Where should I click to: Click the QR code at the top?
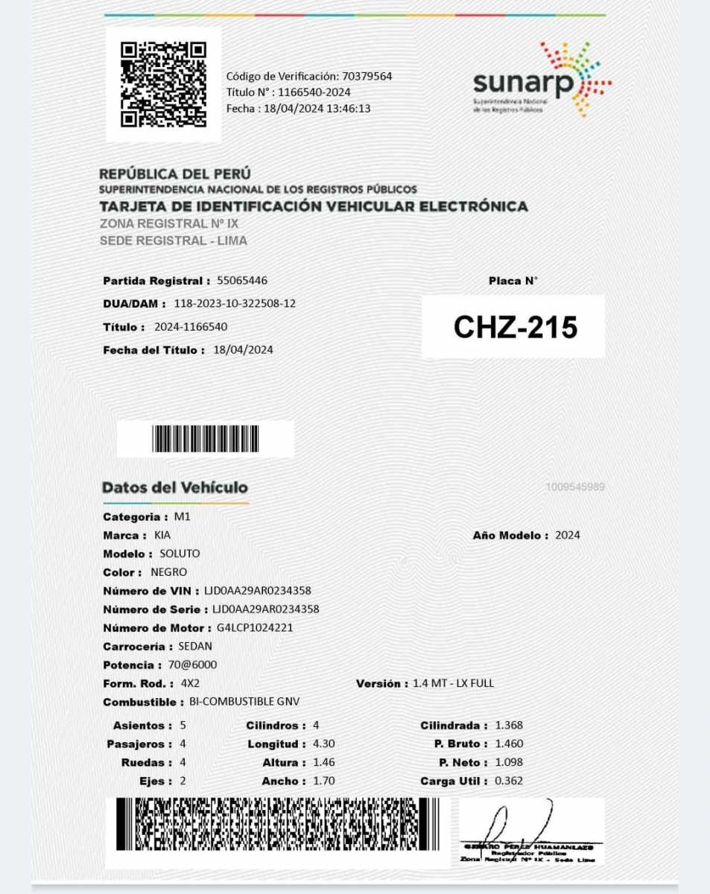pyautogui.click(x=163, y=83)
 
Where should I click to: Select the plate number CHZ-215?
pyautogui.click(x=515, y=327)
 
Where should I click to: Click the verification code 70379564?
pyautogui.click(x=367, y=76)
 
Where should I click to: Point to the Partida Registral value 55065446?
pyautogui.click(x=242, y=281)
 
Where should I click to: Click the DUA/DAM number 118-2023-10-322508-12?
pyautogui.click(x=235, y=304)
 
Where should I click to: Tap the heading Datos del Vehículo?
pyautogui.click(x=175, y=488)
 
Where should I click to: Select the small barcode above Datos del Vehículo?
pyautogui.click(x=205, y=439)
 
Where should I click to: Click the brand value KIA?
pyautogui.click(x=162, y=535)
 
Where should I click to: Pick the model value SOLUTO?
pyautogui.click(x=180, y=554)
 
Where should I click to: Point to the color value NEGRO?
pyautogui.click(x=169, y=572)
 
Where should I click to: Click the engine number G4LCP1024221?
pyautogui.click(x=255, y=627)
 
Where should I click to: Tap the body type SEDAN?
pyautogui.click(x=196, y=646)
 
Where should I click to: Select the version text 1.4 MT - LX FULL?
pyautogui.click(x=453, y=683)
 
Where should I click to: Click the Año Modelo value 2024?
pyautogui.click(x=568, y=535)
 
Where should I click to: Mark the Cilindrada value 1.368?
pyautogui.click(x=509, y=725)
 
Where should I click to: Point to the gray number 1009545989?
pyautogui.click(x=574, y=487)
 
